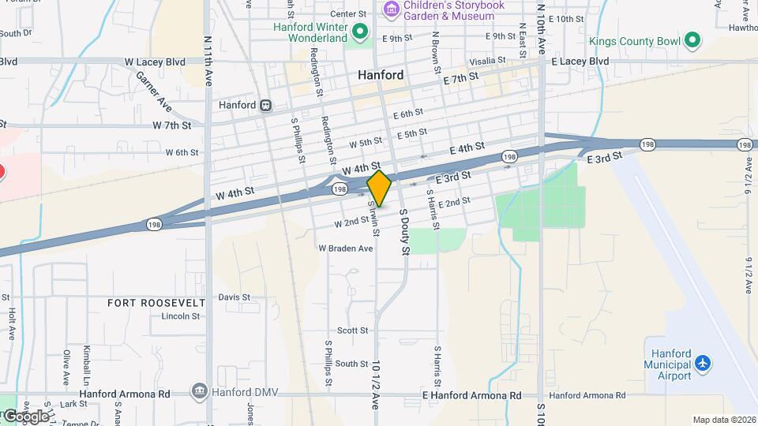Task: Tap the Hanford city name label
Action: (x=381, y=76)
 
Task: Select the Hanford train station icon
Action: (x=267, y=105)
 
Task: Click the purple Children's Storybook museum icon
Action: (x=390, y=9)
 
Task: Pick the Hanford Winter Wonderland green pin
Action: (x=360, y=32)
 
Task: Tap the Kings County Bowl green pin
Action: (x=692, y=39)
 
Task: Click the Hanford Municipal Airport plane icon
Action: (x=702, y=364)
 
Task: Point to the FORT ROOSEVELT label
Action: (x=156, y=303)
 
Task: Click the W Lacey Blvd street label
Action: (x=154, y=62)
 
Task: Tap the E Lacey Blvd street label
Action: (x=580, y=62)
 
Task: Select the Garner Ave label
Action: (x=154, y=91)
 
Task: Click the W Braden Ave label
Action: (x=345, y=248)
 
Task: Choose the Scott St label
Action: (x=352, y=331)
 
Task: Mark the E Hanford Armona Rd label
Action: (x=472, y=395)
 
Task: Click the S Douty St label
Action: (x=405, y=233)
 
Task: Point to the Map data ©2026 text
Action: (x=723, y=420)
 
